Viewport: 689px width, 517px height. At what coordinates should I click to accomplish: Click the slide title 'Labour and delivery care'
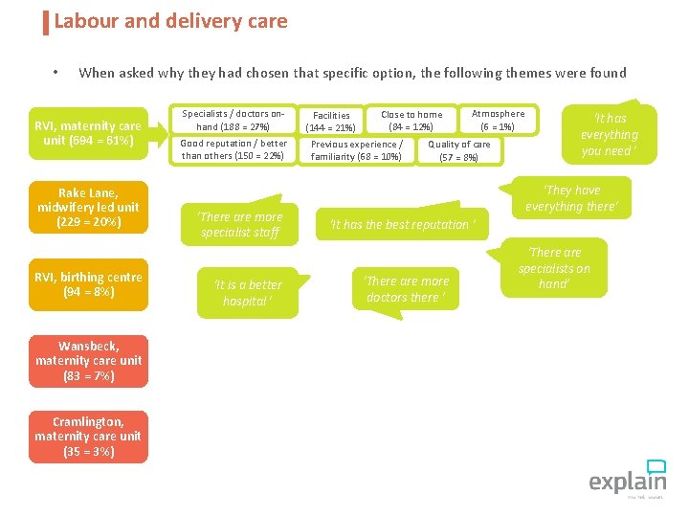point(170,21)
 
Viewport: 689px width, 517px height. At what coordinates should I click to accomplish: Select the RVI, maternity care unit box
point(88,134)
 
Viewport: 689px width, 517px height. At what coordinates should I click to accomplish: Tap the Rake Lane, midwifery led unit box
point(88,207)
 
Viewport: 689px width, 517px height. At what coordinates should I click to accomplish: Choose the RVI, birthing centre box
point(88,284)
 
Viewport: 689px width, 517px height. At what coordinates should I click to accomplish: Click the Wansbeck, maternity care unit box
point(88,361)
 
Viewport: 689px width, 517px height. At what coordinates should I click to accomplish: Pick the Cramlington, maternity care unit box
point(88,437)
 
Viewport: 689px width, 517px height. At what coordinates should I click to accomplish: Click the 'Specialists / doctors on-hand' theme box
point(233,120)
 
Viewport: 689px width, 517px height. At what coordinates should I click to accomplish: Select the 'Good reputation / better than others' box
point(233,149)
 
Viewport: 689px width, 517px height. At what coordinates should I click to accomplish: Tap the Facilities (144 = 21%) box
point(330,121)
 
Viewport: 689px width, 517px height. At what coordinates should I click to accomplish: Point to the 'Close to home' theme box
point(411,120)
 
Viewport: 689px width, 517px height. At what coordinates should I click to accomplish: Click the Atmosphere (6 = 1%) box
point(498,120)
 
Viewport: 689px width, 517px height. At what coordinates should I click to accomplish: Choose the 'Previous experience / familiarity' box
point(356,150)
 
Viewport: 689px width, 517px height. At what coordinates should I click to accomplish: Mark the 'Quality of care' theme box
point(458,150)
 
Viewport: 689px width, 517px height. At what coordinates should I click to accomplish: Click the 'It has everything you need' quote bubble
point(609,135)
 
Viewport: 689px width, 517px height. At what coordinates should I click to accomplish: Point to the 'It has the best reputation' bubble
point(401,225)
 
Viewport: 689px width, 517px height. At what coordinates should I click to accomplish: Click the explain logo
point(627,478)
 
